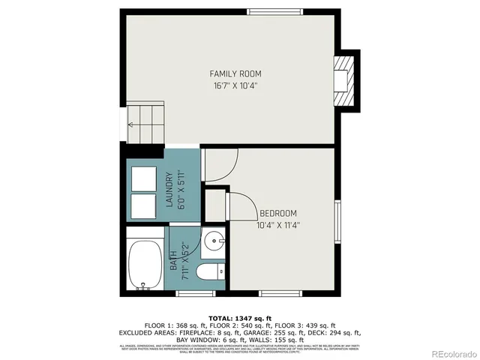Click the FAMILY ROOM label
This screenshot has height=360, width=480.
pyautogui.click(x=235, y=73)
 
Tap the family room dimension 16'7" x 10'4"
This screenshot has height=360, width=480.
pyautogui.click(x=235, y=85)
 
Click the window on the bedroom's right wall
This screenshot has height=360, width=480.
pyautogui.click(x=338, y=223)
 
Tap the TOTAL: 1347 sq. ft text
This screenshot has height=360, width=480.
pyautogui.click(x=239, y=319)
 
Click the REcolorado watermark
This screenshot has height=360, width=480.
pyautogui.click(x=448, y=353)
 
